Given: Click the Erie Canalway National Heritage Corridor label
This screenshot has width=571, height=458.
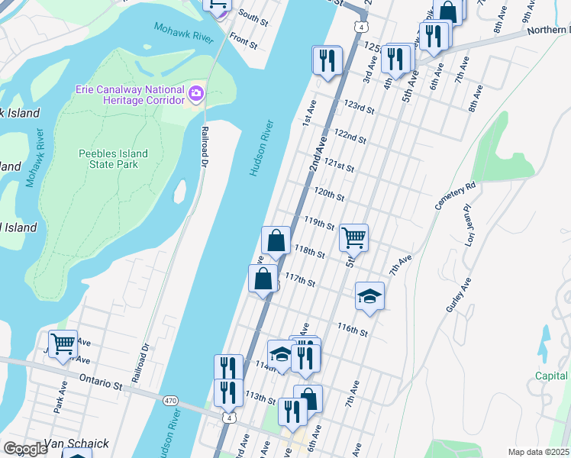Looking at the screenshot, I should click(x=130, y=95).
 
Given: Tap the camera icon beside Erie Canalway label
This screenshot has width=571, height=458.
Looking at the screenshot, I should click(x=196, y=94).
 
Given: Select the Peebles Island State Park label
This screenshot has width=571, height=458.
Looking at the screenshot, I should click(x=113, y=160).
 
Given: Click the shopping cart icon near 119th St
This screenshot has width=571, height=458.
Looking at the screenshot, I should click(x=353, y=237).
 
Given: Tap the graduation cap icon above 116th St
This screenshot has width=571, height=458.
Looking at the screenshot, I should click(x=369, y=295).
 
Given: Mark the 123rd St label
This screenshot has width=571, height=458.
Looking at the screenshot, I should click(x=358, y=108).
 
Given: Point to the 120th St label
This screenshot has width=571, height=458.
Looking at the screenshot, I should click(x=330, y=195).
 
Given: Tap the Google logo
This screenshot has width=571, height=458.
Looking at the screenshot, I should click(x=25, y=448).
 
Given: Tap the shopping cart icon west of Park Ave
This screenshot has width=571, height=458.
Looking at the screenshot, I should click(x=63, y=343).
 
